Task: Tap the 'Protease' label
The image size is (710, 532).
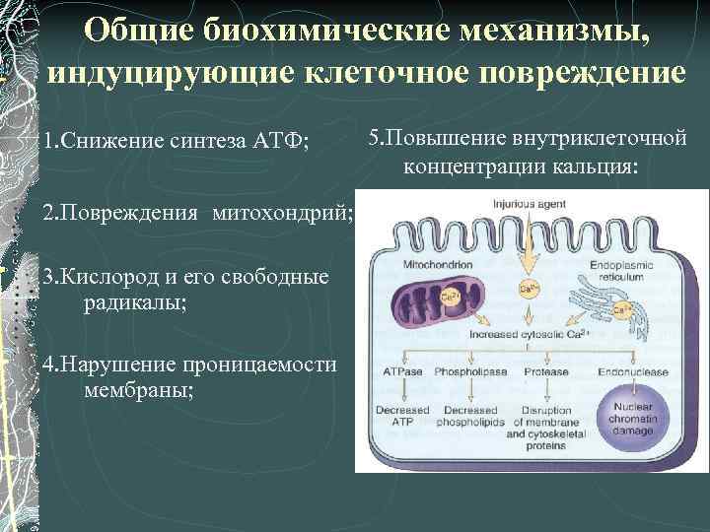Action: coord(547,373)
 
